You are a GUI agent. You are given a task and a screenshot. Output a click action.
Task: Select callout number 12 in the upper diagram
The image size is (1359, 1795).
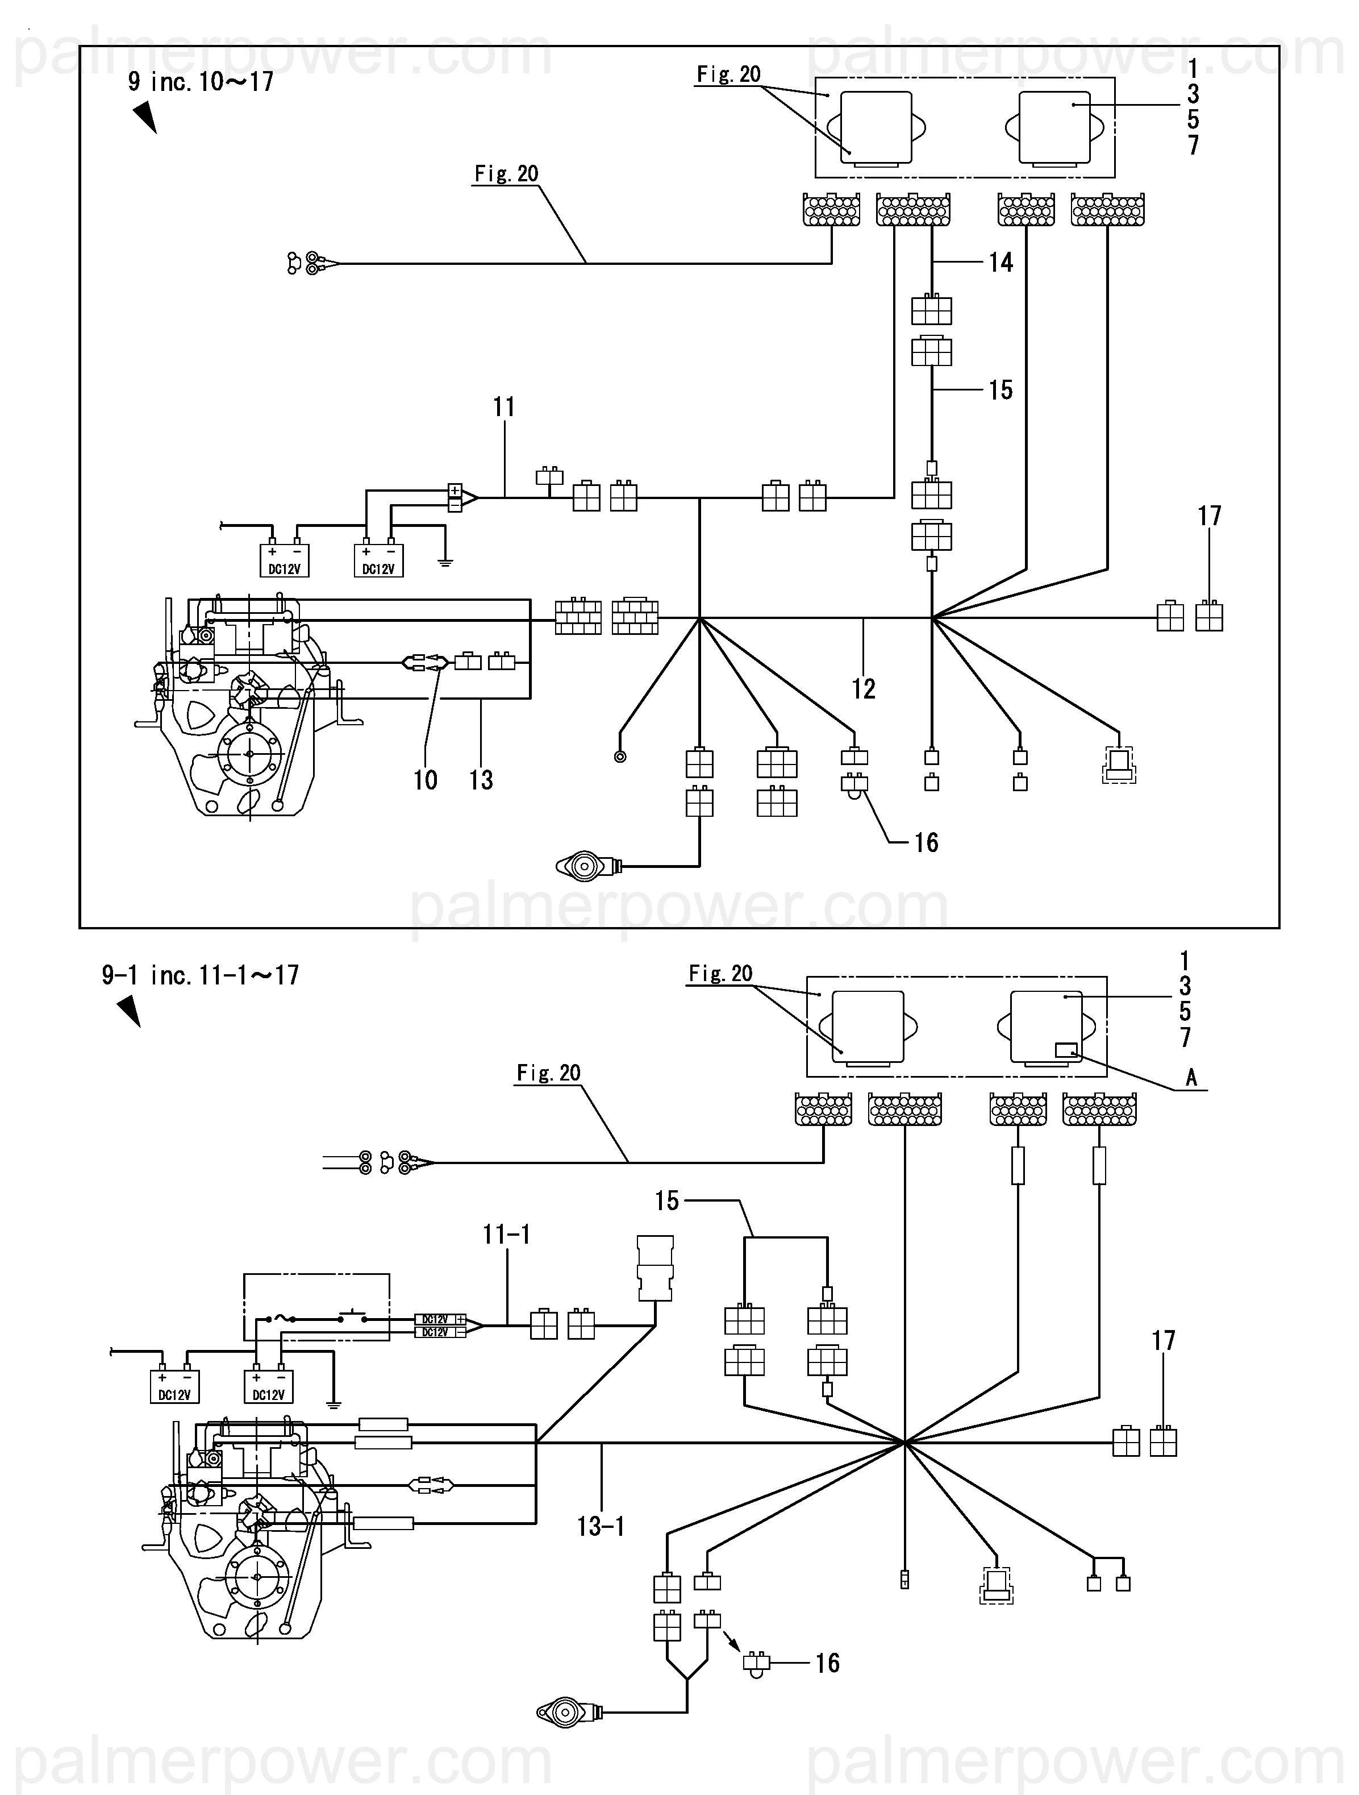[x=863, y=689]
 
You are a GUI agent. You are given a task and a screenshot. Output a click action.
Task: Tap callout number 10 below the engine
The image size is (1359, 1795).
[x=425, y=780]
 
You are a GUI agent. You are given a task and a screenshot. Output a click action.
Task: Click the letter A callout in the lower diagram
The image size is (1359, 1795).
[x=1191, y=1077]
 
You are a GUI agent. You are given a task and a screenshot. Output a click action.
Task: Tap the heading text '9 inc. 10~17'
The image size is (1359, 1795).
[x=201, y=82]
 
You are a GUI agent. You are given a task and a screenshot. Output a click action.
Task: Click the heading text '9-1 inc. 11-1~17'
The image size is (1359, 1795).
[x=201, y=975]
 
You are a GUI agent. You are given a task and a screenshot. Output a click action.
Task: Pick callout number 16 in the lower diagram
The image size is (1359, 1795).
[x=827, y=1663]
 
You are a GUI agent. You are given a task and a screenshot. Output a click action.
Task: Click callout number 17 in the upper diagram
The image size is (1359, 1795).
[x=1209, y=516]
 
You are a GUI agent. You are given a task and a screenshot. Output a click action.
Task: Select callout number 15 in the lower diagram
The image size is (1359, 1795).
[x=667, y=1200]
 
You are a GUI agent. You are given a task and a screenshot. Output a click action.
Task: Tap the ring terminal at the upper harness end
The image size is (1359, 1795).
[x=620, y=757]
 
